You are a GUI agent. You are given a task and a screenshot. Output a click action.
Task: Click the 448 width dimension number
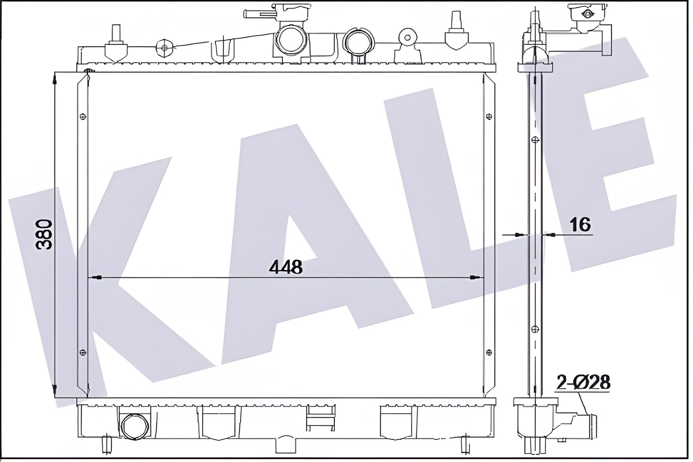pyautogui.click(x=286, y=267)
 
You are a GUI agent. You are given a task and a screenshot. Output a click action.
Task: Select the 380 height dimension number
pyautogui.click(x=45, y=235)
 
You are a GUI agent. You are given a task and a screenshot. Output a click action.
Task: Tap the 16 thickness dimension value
pyautogui.click(x=580, y=225)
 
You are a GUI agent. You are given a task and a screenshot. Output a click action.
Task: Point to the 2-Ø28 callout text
pyautogui.click(x=583, y=382)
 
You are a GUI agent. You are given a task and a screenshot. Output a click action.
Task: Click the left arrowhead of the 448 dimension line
pyautogui.click(x=95, y=278)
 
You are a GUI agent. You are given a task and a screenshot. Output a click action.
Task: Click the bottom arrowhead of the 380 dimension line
pyautogui.click(x=55, y=391)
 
